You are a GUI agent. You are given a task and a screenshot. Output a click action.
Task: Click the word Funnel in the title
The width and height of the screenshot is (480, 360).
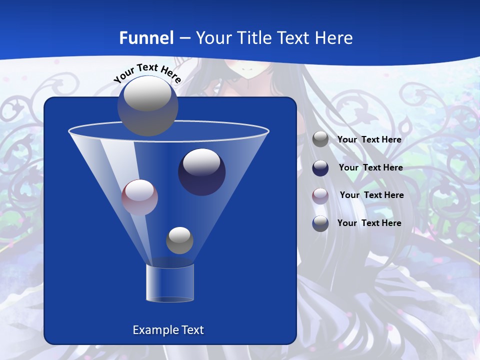(x=146, y=38)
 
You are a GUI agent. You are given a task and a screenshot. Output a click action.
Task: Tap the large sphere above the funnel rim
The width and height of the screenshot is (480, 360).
(x=147, y=105)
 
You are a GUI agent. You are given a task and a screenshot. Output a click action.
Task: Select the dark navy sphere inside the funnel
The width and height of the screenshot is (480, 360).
(x=201, y=172)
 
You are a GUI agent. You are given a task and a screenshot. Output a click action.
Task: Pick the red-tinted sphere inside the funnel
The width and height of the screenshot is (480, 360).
(x=139, y=197)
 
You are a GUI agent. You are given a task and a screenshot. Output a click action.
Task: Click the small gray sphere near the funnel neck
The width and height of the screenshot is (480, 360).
(x=179, y=240)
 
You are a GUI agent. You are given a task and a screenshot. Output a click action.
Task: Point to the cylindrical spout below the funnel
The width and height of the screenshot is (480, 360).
(x=170, y=283)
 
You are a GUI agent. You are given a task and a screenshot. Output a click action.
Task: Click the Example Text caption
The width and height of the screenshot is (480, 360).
(x=168, y=330)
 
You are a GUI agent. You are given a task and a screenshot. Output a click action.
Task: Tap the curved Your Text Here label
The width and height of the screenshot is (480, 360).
(x=147, y=72)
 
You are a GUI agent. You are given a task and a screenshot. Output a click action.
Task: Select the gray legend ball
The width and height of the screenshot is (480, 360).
(x=320, y=139)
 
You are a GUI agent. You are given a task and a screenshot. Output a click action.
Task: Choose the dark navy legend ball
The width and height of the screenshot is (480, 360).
(x=320, y=168)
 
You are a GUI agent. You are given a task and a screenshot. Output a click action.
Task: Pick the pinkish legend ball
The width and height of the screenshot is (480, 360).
(x=320, y=195)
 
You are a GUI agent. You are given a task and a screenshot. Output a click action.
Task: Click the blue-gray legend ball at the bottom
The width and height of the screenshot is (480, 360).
(x=320, y=223)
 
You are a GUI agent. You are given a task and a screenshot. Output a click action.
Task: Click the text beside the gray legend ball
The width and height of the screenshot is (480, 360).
(x=369, y=140)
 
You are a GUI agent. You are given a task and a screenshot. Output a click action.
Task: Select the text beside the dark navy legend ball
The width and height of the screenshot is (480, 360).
(x=370, y=168)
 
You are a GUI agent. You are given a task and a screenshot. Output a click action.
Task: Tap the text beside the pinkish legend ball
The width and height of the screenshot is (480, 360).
(x=371, y=195)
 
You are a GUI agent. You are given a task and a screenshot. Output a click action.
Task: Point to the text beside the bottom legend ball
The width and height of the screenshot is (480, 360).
(x=369, y=223)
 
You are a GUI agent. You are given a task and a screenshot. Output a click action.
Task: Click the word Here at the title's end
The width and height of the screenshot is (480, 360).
(x=335, y=38)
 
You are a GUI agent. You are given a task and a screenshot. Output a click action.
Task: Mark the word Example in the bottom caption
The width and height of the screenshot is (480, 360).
(x=151, y=330)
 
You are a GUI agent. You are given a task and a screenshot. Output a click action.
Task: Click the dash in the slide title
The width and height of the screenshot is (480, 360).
(x=184, y=38)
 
